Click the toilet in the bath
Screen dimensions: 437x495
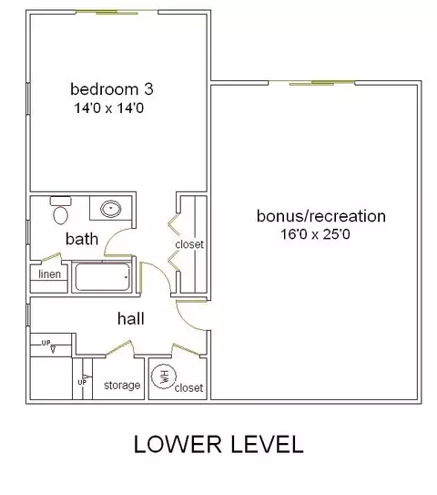point(60,210)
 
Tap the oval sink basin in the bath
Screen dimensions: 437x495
point(111,209)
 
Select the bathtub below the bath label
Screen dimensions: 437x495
point(102,277)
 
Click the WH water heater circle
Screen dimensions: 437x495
point(163,376)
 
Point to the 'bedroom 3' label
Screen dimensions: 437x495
point(112,89)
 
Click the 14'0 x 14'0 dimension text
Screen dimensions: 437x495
point(108,108)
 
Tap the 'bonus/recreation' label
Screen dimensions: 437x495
point(321,216)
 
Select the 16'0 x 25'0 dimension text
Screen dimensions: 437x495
point(315,234)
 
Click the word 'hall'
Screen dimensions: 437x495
point(131,318)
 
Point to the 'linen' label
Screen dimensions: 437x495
point(49,274)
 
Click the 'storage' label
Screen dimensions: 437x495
point(122,385)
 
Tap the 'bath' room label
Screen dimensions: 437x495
point(82,239)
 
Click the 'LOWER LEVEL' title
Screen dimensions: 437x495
point(218,444)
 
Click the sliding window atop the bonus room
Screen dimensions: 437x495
point(311,83)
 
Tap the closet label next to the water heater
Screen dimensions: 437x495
point(188,387)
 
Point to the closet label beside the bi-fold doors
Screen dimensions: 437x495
point(189,244)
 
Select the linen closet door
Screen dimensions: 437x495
point(51,257)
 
